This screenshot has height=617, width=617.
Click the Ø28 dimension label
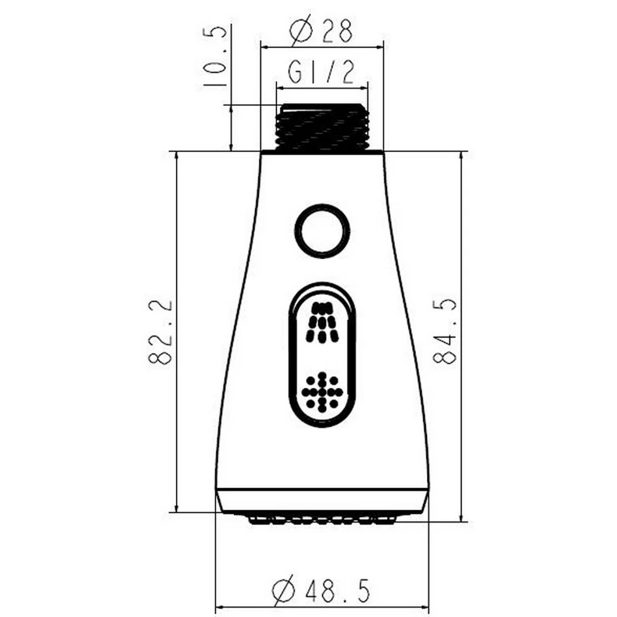point(320,31)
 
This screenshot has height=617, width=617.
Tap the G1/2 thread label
point(321,72)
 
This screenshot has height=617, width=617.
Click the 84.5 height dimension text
point(445,331)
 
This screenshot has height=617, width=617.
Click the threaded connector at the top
point(322,126)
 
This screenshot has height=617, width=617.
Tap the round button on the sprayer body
point(322,231)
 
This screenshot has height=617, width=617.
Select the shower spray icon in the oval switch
point(323,322)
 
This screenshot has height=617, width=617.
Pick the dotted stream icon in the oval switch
point(322,392)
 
